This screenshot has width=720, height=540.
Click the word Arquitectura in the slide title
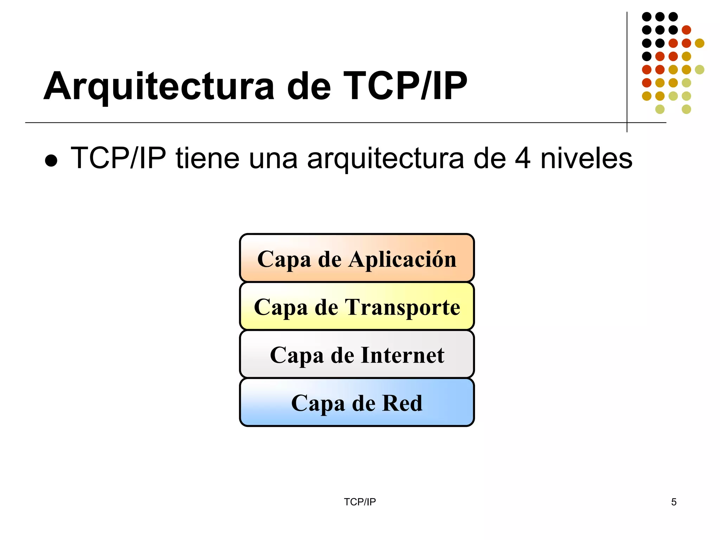(159, 86)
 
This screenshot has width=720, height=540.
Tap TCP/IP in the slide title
(405, 86)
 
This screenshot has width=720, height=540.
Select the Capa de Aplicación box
(356, 258)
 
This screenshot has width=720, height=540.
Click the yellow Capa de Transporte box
(356, 306)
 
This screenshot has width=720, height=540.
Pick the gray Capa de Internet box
(356, 354)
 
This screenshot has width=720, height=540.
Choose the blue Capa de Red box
(356, 402)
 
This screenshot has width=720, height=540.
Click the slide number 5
(674, 502)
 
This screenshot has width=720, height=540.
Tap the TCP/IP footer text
(360, 502)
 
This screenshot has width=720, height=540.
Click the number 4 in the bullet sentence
(522, 159)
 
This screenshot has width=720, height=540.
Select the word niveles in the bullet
(586, 159)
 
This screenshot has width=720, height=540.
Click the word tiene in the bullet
(207, 159)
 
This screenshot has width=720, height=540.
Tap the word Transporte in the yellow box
(403, 307)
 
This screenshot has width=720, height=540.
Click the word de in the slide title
(309, 86)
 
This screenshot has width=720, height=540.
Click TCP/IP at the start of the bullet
(118, 159)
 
